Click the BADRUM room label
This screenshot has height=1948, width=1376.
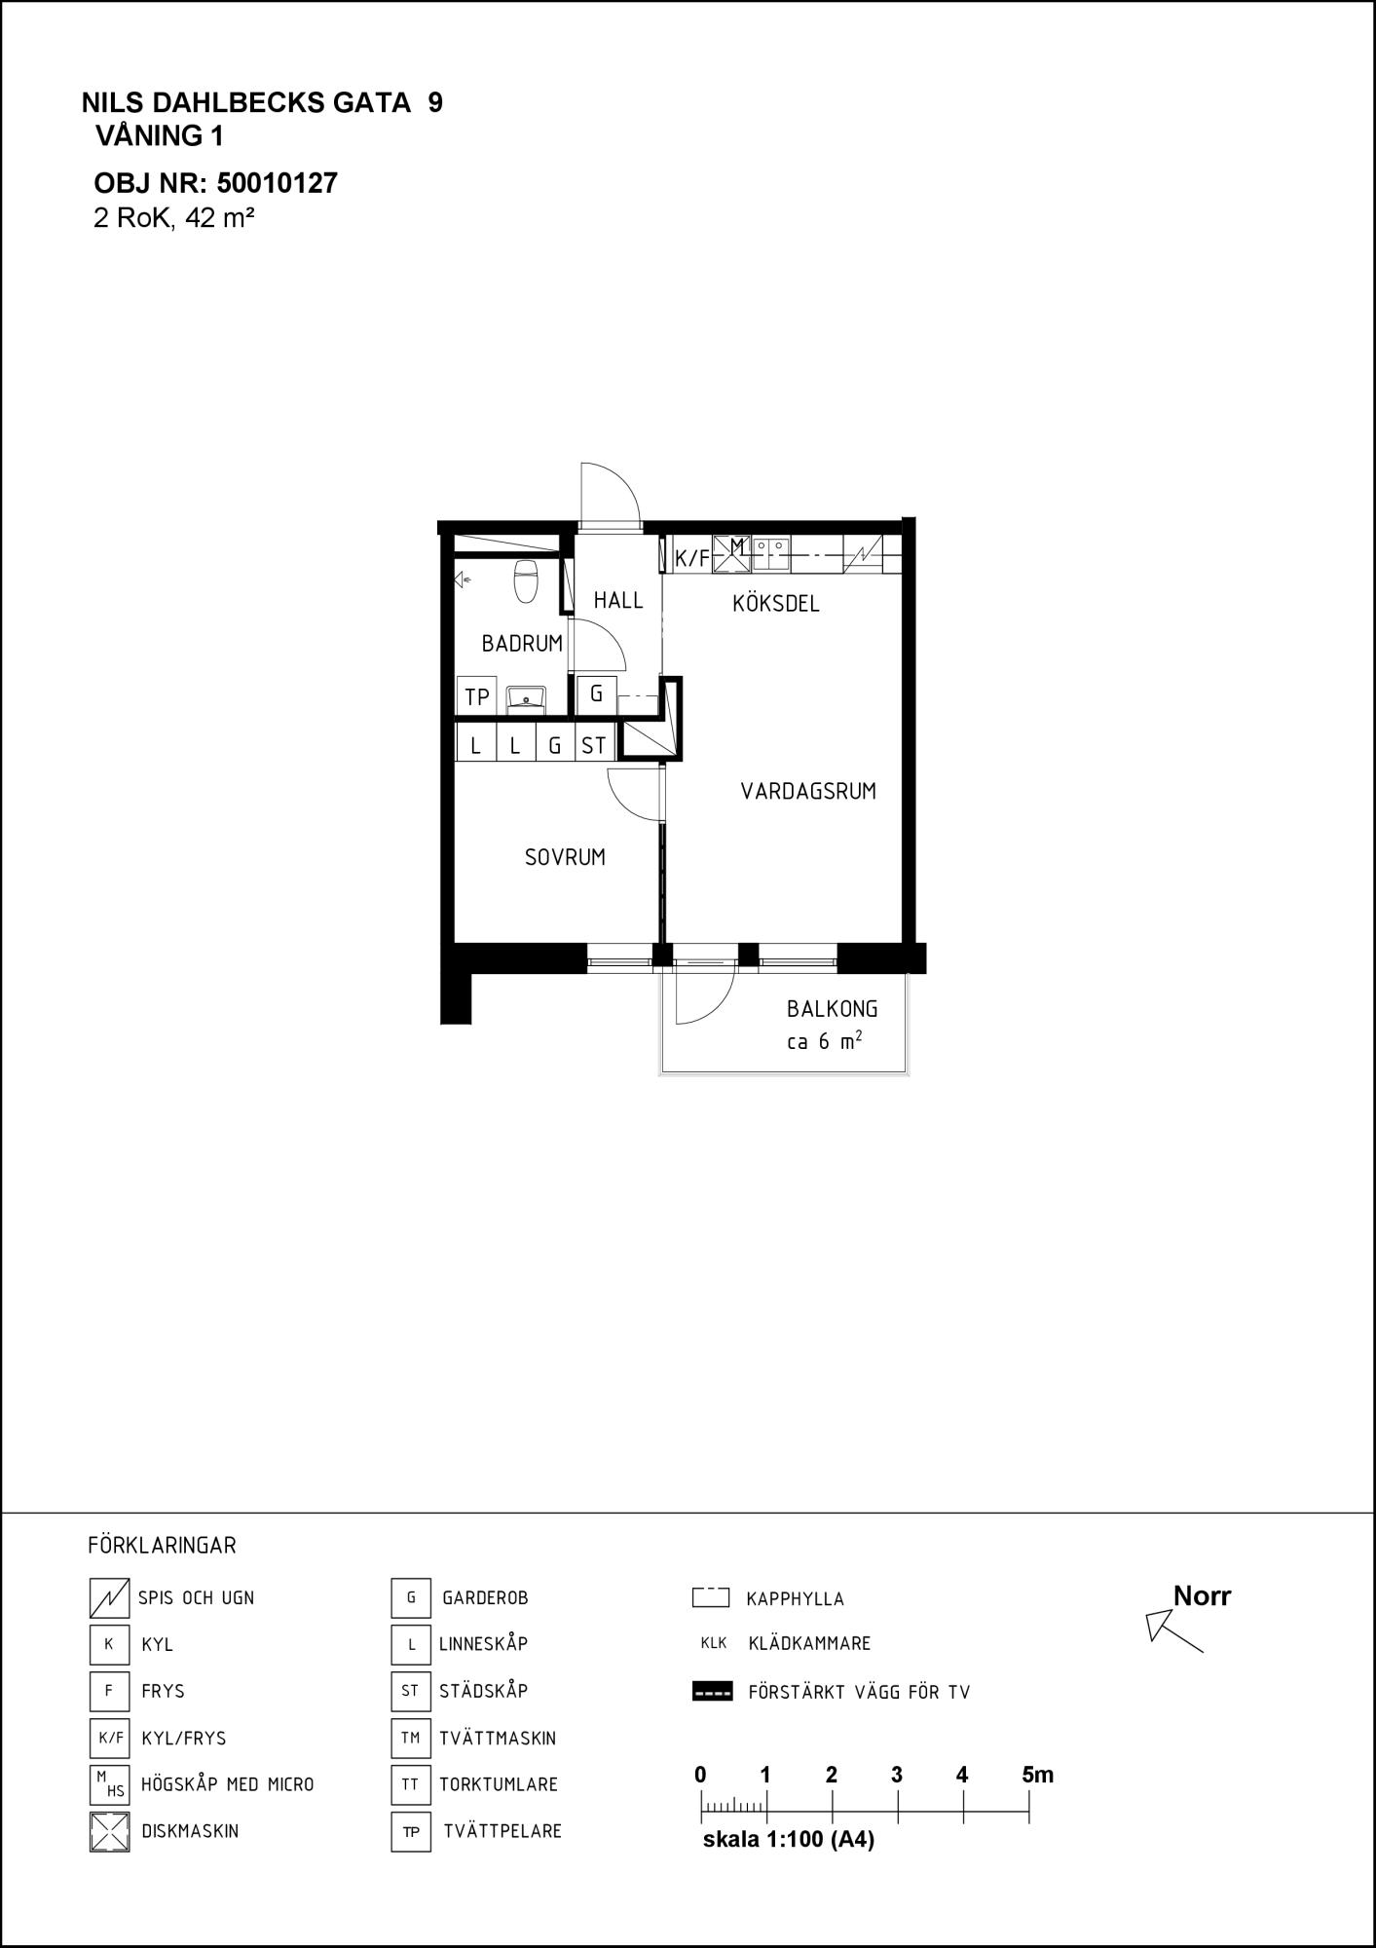(x=522, y=644)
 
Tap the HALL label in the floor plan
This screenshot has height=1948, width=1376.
(x=618, y=601)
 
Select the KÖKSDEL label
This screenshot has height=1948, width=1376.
(x=776, y=604)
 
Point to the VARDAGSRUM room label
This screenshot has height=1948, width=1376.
(x=808, y=792)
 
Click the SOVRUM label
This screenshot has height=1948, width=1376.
(x=565, y=858)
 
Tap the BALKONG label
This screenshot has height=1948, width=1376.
(x=833, y=1010)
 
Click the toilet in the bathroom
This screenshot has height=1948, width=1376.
(x=526, y=581)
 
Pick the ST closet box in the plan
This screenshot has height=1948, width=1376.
(x=594, y=746)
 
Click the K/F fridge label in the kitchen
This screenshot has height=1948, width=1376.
(x=692, y=559)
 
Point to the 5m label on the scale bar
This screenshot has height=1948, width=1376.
(x=1038, y=1775)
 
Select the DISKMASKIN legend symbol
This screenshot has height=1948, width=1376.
(x=109, y=1831)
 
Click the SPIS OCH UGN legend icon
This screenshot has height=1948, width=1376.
(x=109, y=1597)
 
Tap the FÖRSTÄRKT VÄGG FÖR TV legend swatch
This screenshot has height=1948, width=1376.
(x=712, y=1692)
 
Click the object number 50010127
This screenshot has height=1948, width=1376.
(x=278, y=183)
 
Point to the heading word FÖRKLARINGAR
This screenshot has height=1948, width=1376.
(x=162, y=1546)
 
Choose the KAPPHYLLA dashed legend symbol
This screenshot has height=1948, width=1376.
(x=711, y=1597)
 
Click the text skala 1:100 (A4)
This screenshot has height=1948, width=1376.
(x=789, y=1840)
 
